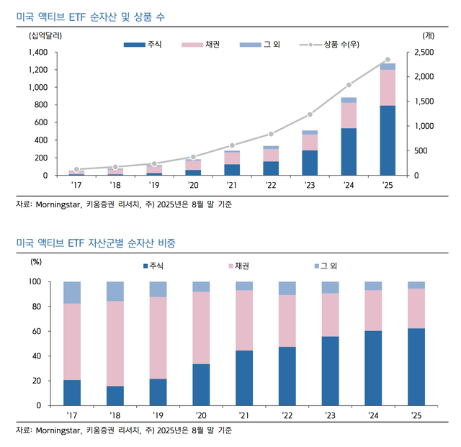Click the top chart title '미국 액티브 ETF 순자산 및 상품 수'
pyautogui.click(x=90, y=17)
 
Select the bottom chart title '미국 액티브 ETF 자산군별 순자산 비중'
pyautogui.click(x=96, y=243)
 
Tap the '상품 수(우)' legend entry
pyautogui.click(x=329, y=45)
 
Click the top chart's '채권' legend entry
pyautogui.click(x=201, y=45)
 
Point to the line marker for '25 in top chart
pyautogui.click(x=388, y=60)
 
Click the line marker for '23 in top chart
pyautogui.click(x=310, y=114)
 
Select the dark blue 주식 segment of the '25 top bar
pyautogui.click(x=388, y=140)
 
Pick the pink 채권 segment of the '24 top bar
pyautogui.click(x=349, y=115)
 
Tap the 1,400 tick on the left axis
pyautogui.click(x=38, y=53)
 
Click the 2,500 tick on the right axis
pyautogui.click(x=424, y=53)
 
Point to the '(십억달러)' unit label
pyautogui.click(x=45, y=36)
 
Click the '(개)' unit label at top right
pyautogui.click(x=428, y=36)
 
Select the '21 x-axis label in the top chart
pyautogui.click(x=232, y=185)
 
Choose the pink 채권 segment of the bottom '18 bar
pyautogui.click(x=115, y=343)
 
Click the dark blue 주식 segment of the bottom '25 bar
pyautogui.click(x=416, y=367)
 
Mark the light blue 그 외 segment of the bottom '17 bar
pyautogui.click(x=72, y=292)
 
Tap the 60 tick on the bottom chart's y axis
pyautogui.click(x=37, y=331)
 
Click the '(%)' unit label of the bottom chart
pyautogui.click(x=36, y=261)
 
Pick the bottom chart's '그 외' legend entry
pyautogui.click(x=326, y=266)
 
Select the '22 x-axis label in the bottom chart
pyautogui.click(x=287, y=415)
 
